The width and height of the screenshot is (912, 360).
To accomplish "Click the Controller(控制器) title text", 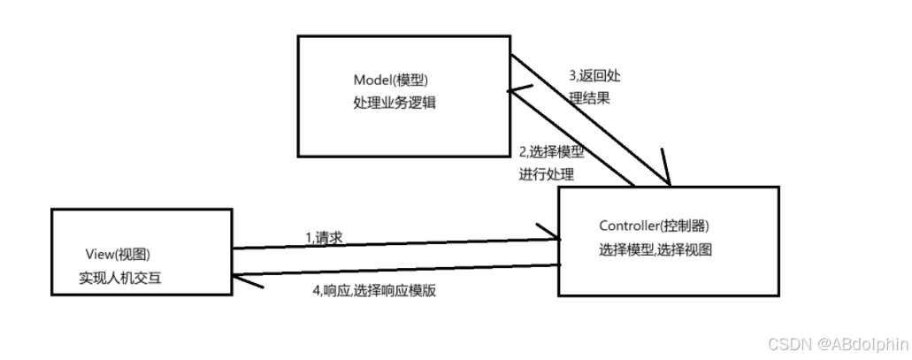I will (654, 226).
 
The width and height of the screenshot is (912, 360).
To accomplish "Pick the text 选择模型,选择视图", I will (655, 249).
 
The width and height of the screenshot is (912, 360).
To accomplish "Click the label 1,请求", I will (323, 237).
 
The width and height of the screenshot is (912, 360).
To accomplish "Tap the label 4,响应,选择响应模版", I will (373, 291).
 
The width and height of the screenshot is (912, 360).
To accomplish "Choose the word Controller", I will (629, 226).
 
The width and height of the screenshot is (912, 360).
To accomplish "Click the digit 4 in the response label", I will (316, 291).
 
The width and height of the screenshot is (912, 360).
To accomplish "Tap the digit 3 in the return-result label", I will (571, 76).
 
